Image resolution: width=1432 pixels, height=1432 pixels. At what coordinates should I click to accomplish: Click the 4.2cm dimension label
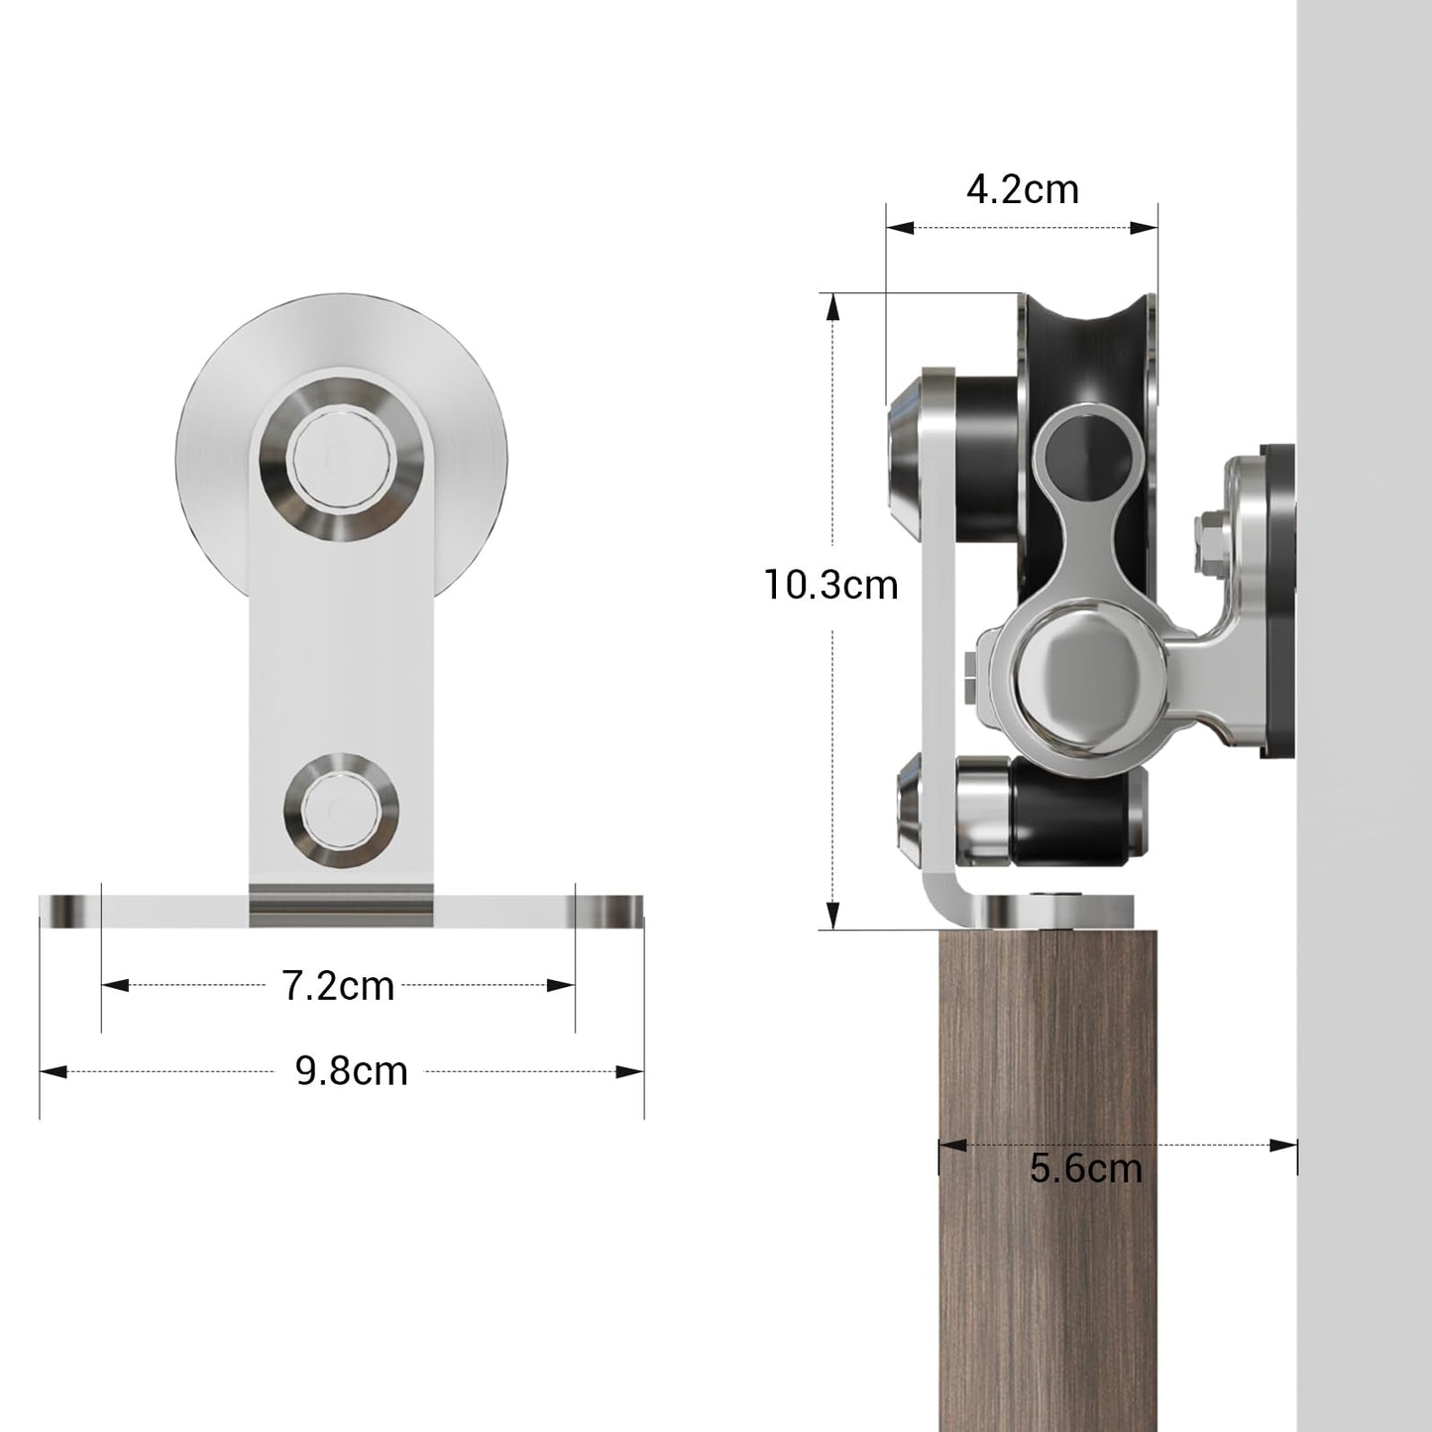1022,188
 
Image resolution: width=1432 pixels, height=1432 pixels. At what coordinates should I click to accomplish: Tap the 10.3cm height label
830,585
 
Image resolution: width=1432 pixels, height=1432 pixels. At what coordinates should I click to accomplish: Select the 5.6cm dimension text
1085,1168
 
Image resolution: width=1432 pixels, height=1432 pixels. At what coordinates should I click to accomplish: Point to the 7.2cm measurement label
338,986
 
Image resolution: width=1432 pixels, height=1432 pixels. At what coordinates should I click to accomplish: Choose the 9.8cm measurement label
352,1071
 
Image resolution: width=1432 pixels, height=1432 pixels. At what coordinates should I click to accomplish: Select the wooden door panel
1047,1239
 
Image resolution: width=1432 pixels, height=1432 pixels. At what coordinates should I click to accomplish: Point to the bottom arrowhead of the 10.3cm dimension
833,916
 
